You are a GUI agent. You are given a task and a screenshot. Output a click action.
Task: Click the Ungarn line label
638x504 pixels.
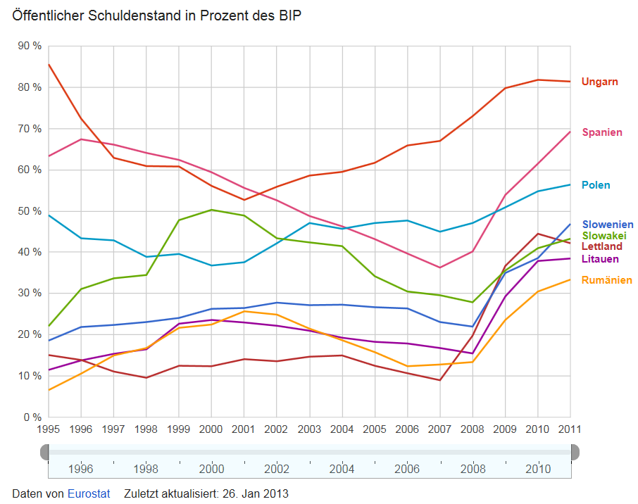tap(599, 82)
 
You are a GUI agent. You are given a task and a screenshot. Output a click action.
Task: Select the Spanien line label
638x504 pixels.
tap(602, 132)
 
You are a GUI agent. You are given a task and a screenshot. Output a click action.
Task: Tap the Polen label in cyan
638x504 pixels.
tap(596, 185)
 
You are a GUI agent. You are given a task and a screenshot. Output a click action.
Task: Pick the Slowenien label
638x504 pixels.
tap(607, 225)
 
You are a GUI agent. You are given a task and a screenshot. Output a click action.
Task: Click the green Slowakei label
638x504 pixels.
tap(604, 236)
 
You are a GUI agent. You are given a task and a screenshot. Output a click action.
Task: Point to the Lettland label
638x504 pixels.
tap(601, 246)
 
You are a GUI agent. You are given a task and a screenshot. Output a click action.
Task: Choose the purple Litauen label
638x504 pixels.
tap(600, 259)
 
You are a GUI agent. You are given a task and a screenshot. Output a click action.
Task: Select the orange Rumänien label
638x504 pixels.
tap(606, 280)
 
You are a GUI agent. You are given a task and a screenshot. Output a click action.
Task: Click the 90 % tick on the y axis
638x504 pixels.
tap(30, 46)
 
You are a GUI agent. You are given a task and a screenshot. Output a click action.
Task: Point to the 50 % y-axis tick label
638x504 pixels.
tap(30, 211)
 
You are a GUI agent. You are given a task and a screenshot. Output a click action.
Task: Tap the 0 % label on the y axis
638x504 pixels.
tap(32, 417)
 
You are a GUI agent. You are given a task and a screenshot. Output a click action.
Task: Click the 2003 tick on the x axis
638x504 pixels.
tap(309, 429)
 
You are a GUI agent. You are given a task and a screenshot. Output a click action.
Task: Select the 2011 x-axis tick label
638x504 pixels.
tap(570, 429)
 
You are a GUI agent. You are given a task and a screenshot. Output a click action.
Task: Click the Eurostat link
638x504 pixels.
tap(89, 493)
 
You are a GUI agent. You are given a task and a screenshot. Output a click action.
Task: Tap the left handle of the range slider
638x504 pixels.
tap(45, 451)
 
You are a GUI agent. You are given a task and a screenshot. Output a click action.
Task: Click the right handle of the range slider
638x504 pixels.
tap(574, 451)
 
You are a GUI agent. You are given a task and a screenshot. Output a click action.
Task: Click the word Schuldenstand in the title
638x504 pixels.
tap(135, 15)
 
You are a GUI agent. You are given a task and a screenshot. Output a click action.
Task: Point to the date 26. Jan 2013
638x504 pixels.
tap(255, 493)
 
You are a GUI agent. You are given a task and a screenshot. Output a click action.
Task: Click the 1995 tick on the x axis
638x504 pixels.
tap(48, 429)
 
